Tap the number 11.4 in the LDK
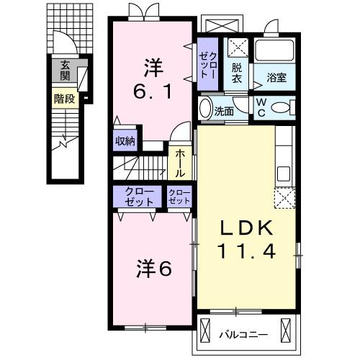coord(246,253)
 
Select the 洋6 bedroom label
coord(153,269)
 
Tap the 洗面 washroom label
coord(225,111)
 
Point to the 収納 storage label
coord(125,141)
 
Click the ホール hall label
coord(179,163)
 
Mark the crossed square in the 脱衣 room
coord(237,48)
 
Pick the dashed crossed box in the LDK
coord(284,197)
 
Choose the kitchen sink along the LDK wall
coord(283,173)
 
